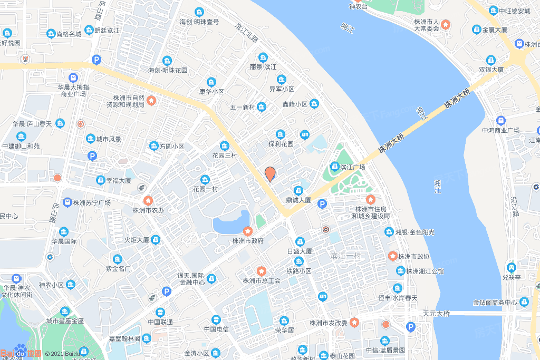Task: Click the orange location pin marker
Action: coord(270,173)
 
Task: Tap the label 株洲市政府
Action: coord(247,241)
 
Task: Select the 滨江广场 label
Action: coord(352,167)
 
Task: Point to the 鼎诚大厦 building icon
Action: coord(298,190)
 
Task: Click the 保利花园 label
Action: coord(280,143)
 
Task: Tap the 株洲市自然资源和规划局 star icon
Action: coord(151,100)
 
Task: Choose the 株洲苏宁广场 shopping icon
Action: coord(67,202)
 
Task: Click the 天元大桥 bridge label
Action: coord(436,314)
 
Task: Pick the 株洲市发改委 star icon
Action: coord(355,322)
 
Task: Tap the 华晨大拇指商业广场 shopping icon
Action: coord(73,78)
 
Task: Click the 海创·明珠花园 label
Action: coord(168,70)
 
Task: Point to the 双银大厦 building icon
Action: coord(491,60)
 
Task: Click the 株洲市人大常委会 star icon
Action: coord(446,24)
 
